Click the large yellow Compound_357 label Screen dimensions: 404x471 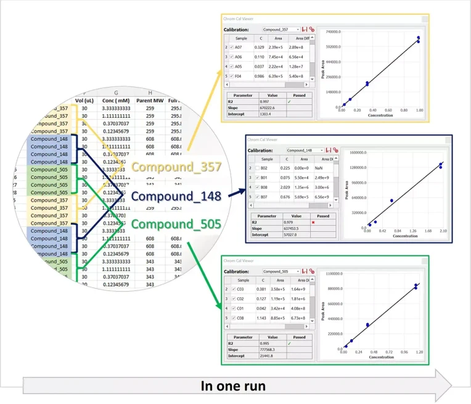point(176,167)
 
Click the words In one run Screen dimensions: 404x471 point(233,386)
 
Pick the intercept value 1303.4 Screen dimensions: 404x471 point(266,113)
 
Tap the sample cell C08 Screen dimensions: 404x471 point(240,318)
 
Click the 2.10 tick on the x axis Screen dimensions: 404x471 point(444,231)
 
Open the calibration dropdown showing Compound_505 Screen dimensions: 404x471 point(281,271)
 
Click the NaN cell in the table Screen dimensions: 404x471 point(319,167)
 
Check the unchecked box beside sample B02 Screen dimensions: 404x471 point(257,167)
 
